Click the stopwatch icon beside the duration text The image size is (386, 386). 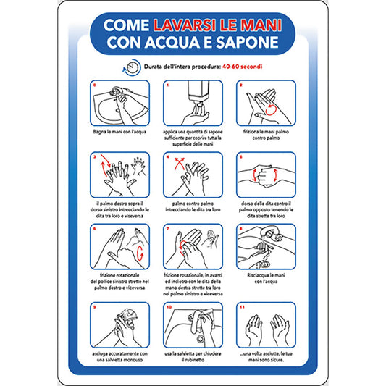coord(131,67)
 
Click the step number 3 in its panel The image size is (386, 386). coord(95,156)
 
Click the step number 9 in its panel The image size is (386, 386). coord(95,306)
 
